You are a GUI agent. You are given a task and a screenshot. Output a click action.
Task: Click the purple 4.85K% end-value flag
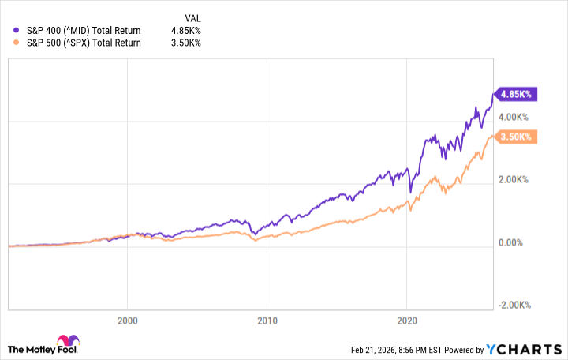515,94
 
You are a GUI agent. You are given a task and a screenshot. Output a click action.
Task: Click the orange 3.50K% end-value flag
515,137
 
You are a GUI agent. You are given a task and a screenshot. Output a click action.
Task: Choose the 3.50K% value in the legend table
185,43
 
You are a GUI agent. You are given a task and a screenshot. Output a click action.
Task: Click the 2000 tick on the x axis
128,321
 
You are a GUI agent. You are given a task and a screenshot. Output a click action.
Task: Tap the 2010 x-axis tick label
267,321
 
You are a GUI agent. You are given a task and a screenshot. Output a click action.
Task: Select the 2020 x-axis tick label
406,321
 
